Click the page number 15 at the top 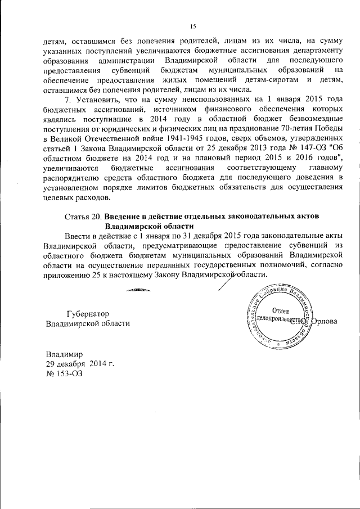[x=192, y=26]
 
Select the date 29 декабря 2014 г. [x=80, y=364]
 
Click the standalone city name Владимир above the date [x=64, y=354]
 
